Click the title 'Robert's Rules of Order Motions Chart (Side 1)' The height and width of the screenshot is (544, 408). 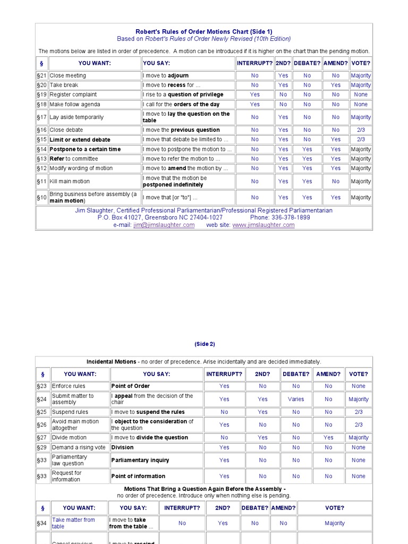203,32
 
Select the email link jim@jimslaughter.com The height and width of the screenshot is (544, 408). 164,225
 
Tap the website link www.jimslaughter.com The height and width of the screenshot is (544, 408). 263,225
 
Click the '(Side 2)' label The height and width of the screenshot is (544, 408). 205,344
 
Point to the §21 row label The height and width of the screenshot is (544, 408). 42,75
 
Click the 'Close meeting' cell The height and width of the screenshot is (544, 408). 68,75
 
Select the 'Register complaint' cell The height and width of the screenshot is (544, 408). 73,95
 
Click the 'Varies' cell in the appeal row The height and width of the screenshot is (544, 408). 296,399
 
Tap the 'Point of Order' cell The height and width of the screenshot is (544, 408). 131,386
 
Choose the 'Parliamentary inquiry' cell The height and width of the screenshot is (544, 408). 140,460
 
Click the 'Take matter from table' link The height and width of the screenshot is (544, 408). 73,523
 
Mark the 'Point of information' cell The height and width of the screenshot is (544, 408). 138,476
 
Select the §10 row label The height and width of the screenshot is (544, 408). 42,198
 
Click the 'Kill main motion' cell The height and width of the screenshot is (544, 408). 70,182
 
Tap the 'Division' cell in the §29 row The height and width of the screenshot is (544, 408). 123,447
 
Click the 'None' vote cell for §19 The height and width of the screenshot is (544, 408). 361,95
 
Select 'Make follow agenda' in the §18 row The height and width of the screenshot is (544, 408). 75,105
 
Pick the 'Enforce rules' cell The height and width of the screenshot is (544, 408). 69,386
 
